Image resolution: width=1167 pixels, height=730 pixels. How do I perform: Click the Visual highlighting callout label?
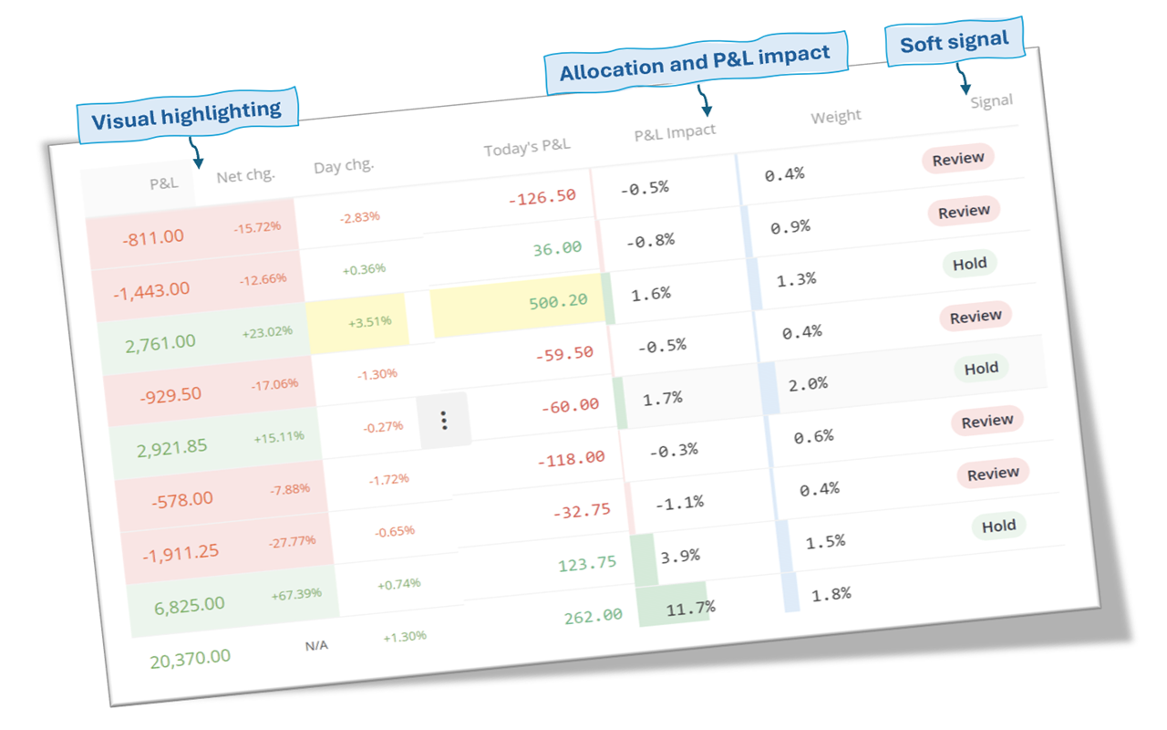pyautogui.click(x=187, y=112)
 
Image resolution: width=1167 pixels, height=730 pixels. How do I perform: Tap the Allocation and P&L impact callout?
pyautogui.click(x=695, y=62)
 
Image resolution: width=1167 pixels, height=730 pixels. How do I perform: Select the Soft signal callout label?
pyautogui.click(x=954, y=41)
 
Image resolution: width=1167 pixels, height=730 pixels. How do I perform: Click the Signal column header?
pyautogui.click(x=991, y=101)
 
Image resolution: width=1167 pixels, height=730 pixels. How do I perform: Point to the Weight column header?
pyautogui.click(x=835, y=116)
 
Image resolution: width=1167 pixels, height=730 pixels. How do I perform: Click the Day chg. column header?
pyautogui.click(x=344, y=166)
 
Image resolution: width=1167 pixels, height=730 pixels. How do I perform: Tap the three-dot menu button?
pyautogui.click(x=444, y=421)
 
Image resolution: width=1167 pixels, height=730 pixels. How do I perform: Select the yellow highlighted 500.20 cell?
pyautogui.click(x=557, y=300)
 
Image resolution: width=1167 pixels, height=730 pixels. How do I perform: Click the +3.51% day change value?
pyautogui.click(x=369, y=321)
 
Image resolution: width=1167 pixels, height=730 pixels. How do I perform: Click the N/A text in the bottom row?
pyautogui.click(x=316, y=645)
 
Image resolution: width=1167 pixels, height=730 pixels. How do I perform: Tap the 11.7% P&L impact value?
pyautogui.click(x=690, y=607)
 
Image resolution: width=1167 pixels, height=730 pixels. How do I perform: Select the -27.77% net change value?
pyautogui.click(x=292, y=541)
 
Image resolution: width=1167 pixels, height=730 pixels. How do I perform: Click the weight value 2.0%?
pyautogui.click(x=808, y=384)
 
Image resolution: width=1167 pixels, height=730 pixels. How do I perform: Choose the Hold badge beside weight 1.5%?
pyautogui.click(x=998, y=526)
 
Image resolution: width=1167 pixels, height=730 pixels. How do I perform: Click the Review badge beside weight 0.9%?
pyautogui.click(x=964, y=211)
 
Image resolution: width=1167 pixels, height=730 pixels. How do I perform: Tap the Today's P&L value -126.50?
pyautogui.click(x=542, y=196)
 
